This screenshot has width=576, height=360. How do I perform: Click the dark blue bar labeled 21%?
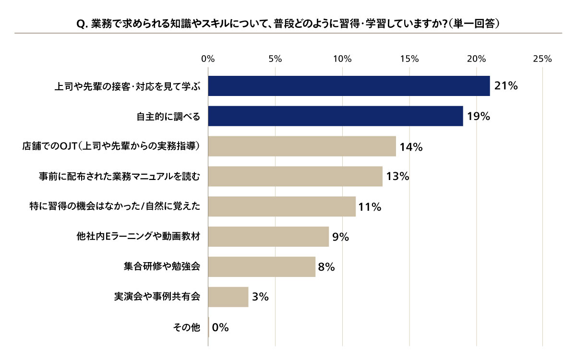(x=349, y=86)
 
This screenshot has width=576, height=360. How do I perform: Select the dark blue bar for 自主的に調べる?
(x=336, y=116)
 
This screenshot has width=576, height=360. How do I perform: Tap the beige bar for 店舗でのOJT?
(x=302, y=146)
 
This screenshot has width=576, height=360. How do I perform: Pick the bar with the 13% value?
(x=295, y=176)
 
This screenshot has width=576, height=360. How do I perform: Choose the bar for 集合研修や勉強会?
(x=262, y=267)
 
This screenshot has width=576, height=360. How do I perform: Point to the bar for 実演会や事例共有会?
(x=228, y=297)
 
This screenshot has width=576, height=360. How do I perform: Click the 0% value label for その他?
(x=220, y=327)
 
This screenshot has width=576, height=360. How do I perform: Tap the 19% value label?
(x=478, y=116)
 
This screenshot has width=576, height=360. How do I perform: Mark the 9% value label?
(x=340, y=237)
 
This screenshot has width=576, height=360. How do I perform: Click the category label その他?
(x=186, y=327)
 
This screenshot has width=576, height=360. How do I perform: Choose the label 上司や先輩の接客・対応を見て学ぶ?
(x=127, y=86)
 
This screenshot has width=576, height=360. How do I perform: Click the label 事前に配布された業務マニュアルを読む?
(x=120, y=177)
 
